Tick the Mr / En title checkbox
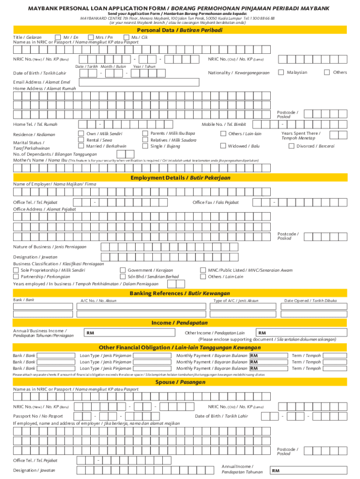click(x=58, y=37)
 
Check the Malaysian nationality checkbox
click(x=281, y=72)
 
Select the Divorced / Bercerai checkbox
click(x=292, y=146)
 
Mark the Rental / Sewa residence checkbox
click(x=81, y=140)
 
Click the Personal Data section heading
click(x=180, y=30)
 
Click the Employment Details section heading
click(x=180, y=178)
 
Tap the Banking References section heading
click(x=180, y=293)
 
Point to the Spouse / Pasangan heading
click(x=180, y=382)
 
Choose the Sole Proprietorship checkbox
click(x=16, y=270)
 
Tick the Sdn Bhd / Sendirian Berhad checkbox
click(x=123, y=276)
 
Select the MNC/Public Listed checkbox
click(x=203, y=270)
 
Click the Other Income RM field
click(x=302, y=333)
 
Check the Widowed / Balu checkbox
click(x=223, y=146)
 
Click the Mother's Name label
click(x=40, y=160)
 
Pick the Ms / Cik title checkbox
click(x=126, y=37)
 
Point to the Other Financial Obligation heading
click(x=180, y=348)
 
